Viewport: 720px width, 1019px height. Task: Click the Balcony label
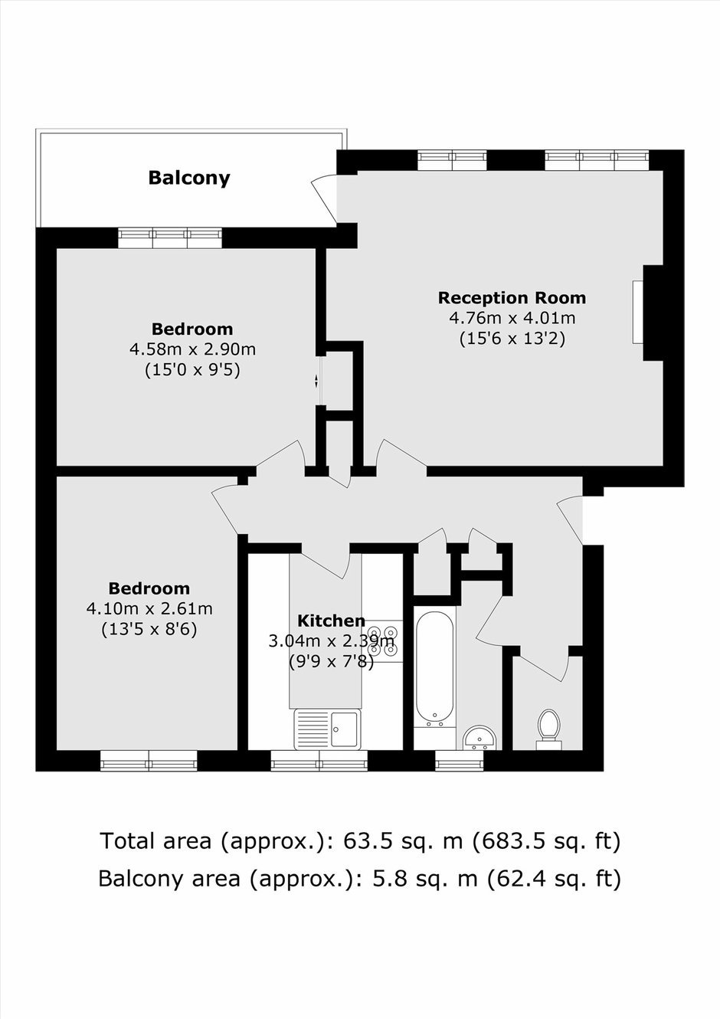(189, 178)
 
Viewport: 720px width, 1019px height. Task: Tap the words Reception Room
(512, 298)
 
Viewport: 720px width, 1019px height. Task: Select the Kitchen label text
(331, 621)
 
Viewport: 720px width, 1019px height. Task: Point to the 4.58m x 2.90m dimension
(192, 349)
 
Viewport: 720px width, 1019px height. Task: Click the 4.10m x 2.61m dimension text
(149, 608)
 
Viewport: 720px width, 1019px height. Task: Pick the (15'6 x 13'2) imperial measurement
(512, 339)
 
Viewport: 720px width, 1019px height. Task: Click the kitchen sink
(327, 729)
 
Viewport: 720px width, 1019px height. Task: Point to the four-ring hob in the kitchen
(382, 641)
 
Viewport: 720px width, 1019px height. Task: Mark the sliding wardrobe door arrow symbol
(316, 381)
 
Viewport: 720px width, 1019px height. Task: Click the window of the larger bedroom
(170, 238)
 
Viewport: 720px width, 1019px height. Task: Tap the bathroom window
(460, 761)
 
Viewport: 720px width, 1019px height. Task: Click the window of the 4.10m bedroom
(149, 761)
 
